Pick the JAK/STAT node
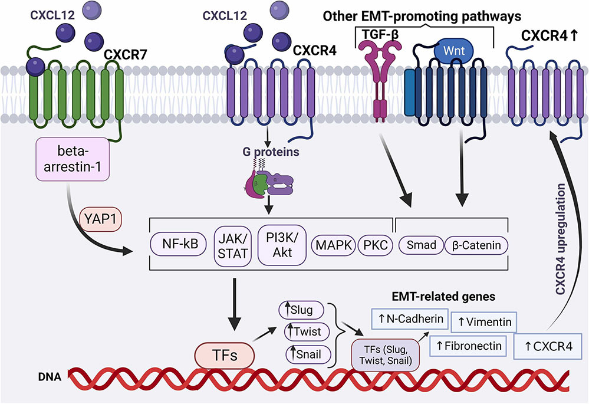click(x=230, y=246)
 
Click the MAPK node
click(x=333, y=245)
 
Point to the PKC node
click(x=375, y=245)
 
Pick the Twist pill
click(x=302, y=331)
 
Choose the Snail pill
click(x=302, y=354)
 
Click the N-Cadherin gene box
click(x=406, y=319)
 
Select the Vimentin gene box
click(x=485, y=323)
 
